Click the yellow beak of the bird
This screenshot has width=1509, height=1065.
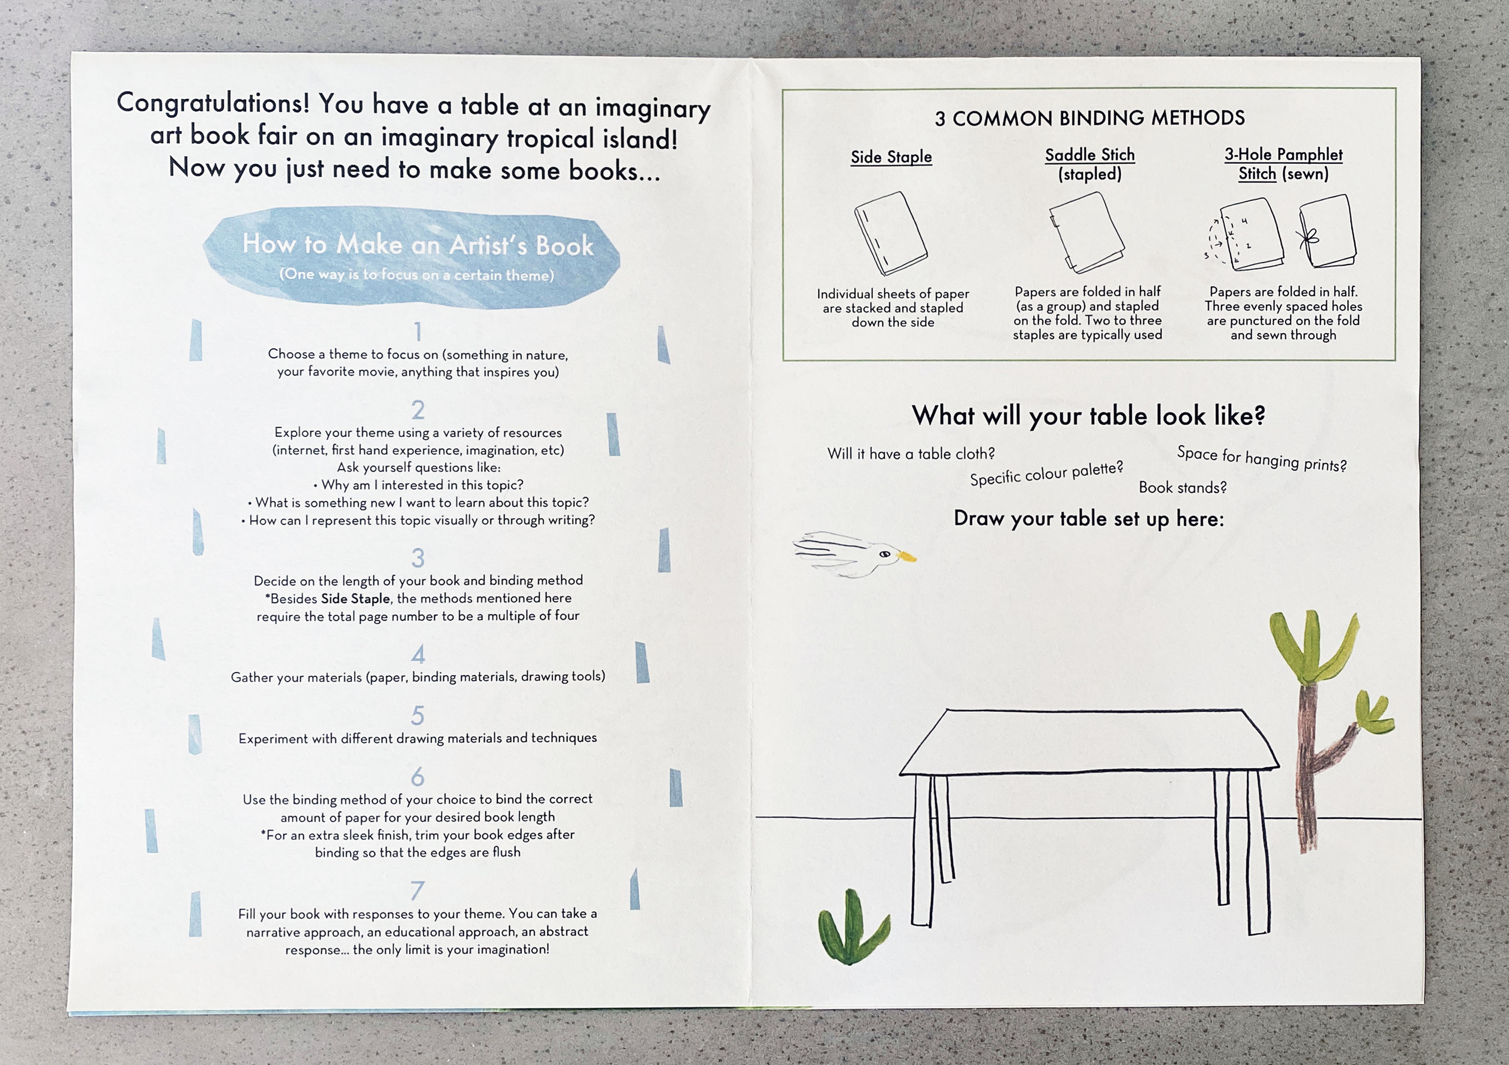tap(906, 557)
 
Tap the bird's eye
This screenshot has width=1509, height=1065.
tap(885, 554)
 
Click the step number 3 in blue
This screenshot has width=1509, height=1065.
tap(418, 558)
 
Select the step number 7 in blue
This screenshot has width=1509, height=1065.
tap(417, 890)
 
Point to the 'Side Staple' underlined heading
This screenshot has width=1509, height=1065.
tap(891, 157)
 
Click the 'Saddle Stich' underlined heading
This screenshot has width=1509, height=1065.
tap(1090, 155)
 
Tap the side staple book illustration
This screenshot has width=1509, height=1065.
tap(891, 233)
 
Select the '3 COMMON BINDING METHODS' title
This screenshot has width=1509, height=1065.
tap(1090, 118)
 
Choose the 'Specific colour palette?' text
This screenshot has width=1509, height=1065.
tap(1046, 474)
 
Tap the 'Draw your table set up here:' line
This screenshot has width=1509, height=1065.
tap(1089, 519)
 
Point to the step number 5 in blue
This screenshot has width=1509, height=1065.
tap(418, 716)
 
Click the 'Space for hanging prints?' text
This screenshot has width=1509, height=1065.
tap(1262, 459)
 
